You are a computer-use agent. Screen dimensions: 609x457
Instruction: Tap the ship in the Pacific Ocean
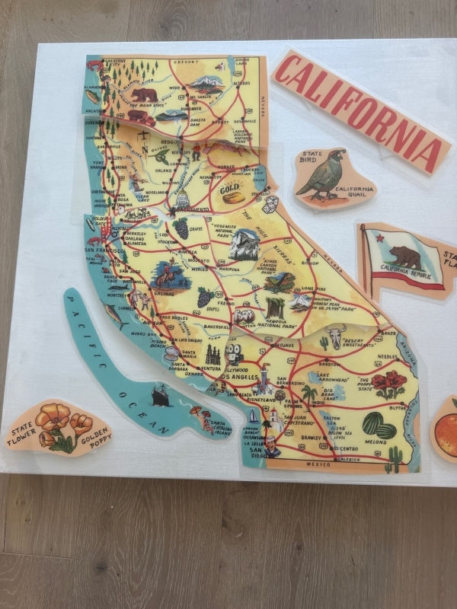pos(161,395)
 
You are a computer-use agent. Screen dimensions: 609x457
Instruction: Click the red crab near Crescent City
pos(94,66)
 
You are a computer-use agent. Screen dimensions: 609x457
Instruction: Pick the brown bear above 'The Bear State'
pos(143,95)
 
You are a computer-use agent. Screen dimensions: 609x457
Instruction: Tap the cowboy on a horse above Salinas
pos(171,274)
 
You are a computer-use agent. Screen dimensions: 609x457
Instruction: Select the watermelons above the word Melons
pos(376,424)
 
